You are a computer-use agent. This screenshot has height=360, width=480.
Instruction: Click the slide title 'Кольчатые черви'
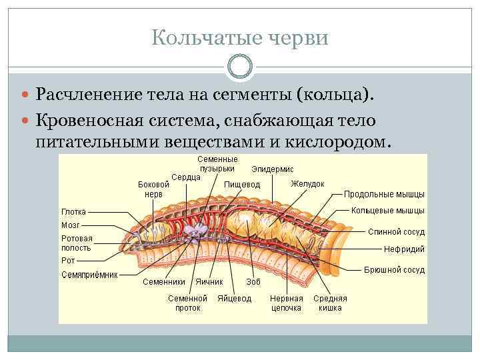(x=240, y=37)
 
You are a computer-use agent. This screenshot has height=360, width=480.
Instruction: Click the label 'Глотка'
(x=73, y=212)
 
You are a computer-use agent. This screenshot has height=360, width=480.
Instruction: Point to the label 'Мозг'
(x=71, y=225)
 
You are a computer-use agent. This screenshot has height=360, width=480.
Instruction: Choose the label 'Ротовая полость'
(x=77, y=243)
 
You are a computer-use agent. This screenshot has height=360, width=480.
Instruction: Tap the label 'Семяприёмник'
(x=89, y=274)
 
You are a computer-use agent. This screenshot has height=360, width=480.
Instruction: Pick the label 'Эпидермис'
(x=272, y=170)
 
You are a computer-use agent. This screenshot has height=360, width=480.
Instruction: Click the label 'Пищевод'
(x=242, y=184)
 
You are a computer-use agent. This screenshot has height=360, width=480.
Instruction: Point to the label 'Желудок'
(x=307, y=183)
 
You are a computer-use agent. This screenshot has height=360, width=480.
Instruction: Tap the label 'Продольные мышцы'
(x=384, y=195)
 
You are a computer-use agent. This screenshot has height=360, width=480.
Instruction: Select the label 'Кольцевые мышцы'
(x=387, y=211)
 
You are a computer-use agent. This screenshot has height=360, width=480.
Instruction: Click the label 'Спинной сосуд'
(x=396, y=232)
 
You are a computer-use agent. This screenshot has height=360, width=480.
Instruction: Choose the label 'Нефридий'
(x=404, y=249)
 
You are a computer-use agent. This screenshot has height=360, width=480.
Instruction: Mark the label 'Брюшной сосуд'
(x=393, y=271)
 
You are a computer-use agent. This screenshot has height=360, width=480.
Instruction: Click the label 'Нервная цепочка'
(x=287, y=303)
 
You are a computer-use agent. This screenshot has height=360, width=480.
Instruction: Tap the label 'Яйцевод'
(x=234, y=299)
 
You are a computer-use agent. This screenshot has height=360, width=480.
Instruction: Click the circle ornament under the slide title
(x=240, y=67)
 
